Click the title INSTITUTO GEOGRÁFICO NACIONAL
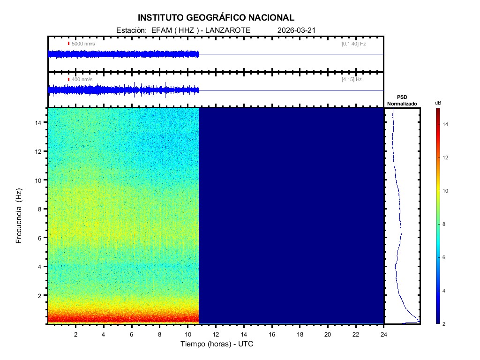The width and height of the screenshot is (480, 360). (216, 18)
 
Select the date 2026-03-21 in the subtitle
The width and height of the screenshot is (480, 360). (296, 30)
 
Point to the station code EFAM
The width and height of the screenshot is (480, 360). (161, 30)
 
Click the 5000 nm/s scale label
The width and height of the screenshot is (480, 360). (83, 44)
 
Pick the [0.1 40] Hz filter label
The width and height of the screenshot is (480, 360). (354, 44)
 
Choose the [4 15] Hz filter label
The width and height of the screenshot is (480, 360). (352, 80)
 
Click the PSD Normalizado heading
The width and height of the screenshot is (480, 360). (402, 100)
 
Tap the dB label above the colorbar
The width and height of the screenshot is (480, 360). (438, 103)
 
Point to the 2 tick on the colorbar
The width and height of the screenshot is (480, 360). (445, 324)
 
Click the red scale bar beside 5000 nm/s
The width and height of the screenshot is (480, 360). (68, 44)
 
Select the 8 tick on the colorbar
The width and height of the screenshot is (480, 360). (445, 225)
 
